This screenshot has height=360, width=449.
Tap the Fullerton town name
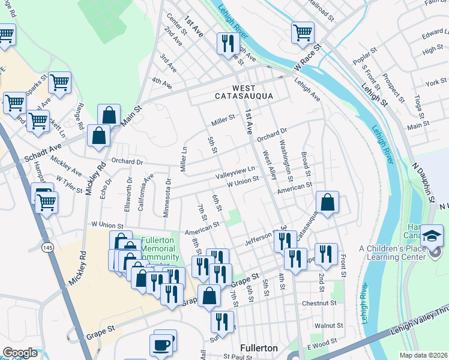pos(258,348)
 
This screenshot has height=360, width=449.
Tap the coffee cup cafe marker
pos(161,344)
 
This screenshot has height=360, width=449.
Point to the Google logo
pos(20,353)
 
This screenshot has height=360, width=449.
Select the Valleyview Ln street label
pos(236,172)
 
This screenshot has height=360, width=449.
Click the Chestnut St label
pos(319,304)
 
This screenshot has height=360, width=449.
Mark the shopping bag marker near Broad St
pos(327,203)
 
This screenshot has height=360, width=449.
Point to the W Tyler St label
pos(69,183)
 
